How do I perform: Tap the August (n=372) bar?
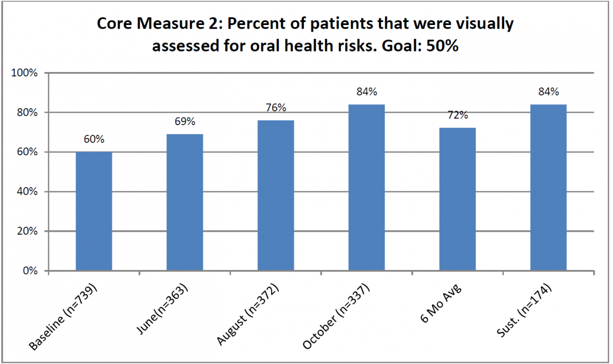pyautogui.click(x=276, y=195)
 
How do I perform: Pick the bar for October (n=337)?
pyautogui.click(x=367, y=187)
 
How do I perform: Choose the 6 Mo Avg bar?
pyautogui.click(x=458, y=199)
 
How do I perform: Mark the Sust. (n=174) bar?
pyautogui.click(x=549, y=187)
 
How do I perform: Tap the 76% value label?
pyautogui.click(x=276, y=108)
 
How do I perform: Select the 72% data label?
pyautogui.click(x=458, y=116)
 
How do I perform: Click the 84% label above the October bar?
pyautogui.click(x=367, y=92)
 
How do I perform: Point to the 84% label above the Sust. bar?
pyautogui.click(x=549, y=92)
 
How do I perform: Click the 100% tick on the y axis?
pyautogui.click(x=25, y=73)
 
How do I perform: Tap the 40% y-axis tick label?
pyautogui.click(x=27, y=192)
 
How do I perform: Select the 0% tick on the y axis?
pyautogui.click(x=31, y=271)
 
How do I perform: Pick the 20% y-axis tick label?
pyautogui.click(x=27, y=231)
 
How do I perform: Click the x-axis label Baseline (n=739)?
pyautogui.click(x=64, y=317)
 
